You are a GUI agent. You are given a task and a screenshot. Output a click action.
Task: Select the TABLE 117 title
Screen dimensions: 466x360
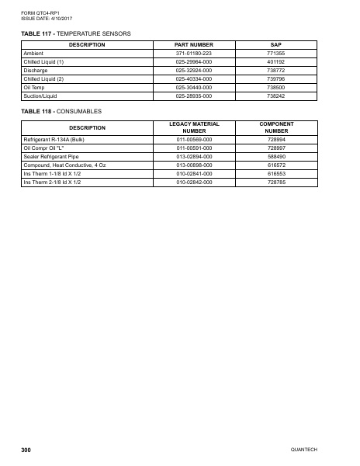76,33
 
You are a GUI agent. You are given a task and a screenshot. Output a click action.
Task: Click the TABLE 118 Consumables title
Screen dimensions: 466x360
62,111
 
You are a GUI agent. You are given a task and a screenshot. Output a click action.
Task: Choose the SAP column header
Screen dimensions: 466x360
275,45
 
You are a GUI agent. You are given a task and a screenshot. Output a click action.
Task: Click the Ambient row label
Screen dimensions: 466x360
35,54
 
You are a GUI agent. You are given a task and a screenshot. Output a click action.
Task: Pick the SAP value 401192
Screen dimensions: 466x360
275,61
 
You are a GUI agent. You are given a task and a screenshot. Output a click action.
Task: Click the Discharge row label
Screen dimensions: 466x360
36,70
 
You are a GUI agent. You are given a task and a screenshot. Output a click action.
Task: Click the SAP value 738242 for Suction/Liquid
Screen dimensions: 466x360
275,96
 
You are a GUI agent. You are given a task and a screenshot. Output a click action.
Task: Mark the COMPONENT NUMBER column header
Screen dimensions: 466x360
275,127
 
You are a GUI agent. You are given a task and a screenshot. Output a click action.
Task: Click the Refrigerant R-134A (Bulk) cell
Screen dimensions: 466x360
54,139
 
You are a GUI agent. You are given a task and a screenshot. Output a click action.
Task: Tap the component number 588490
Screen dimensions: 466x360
275,156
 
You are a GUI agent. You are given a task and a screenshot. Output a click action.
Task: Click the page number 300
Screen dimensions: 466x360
26,450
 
